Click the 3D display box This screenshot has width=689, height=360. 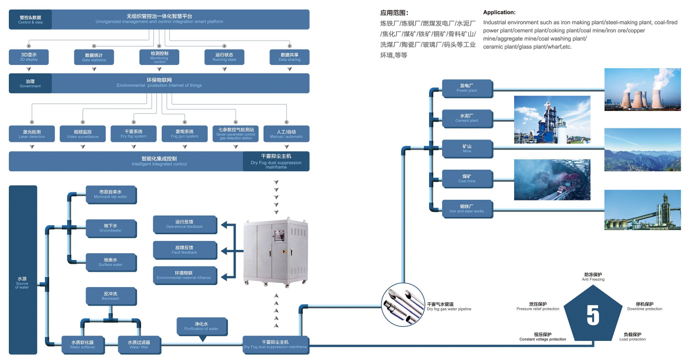coord(29,57)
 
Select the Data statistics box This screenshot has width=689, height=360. coord(94,57)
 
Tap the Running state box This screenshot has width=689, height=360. coord(224,57)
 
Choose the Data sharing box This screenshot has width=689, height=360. coord(290,57)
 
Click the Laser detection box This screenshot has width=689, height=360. coord(32,134)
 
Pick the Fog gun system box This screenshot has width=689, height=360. coord(184,134)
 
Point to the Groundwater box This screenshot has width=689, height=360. coord(110,228)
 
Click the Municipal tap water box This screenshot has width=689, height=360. coord(110,194)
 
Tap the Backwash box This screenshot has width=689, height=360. coord(110,296)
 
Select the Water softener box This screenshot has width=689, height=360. coord(83,345)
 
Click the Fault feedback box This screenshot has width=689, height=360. coord(184,250)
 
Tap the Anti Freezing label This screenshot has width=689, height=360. coord(593,277)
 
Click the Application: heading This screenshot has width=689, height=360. coord(499,12)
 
